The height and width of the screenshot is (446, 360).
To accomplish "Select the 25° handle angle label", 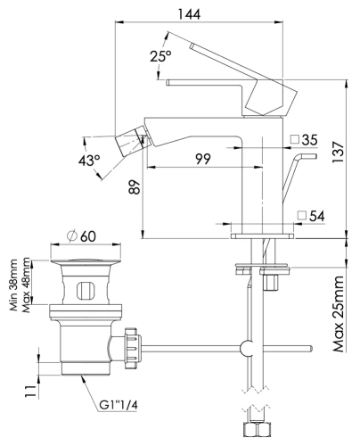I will click(160, 56).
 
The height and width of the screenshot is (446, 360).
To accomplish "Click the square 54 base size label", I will click(310, 215).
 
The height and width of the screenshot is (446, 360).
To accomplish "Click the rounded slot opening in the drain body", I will click(85, 290).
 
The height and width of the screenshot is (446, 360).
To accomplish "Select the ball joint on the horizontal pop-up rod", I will click(250, 346).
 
